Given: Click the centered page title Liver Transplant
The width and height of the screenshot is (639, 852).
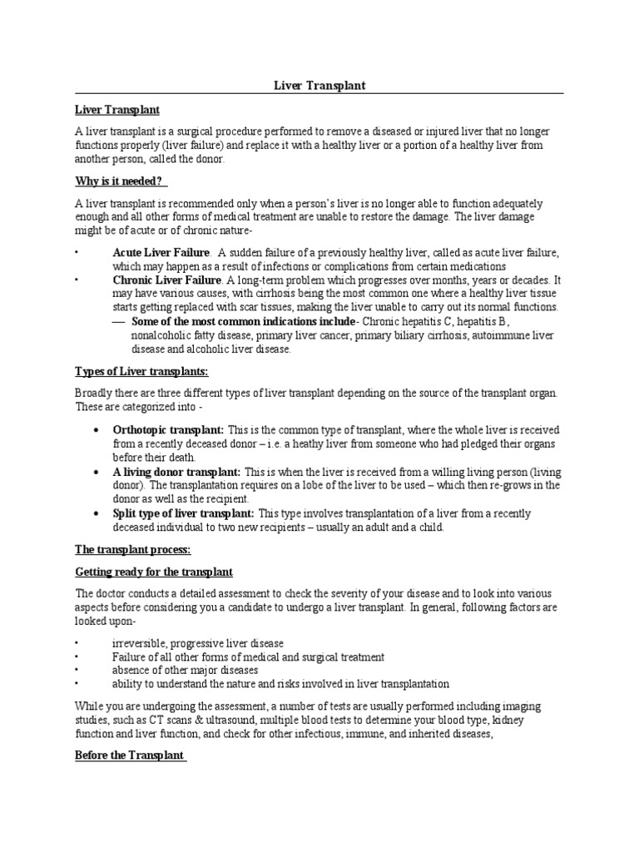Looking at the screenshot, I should (x=319, y=86).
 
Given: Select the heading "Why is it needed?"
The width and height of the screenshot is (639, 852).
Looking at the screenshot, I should (x=121, y=181).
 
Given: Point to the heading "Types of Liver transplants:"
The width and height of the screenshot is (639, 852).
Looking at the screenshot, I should (x=142, y=371).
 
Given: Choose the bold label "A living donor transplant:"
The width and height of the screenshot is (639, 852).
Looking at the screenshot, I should (x=176, y=471).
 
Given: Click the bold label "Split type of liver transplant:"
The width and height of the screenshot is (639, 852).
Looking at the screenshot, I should (x=184, y=513).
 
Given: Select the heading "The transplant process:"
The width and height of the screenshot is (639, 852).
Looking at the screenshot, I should (x=133, y=551).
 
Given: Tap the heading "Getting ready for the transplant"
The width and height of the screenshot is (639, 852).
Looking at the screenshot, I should (x=154, y=572).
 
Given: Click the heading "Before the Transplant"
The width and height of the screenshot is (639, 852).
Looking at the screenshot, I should (x=129, y=755).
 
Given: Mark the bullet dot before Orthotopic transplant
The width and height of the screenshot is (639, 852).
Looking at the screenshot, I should (x=97, y=430).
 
